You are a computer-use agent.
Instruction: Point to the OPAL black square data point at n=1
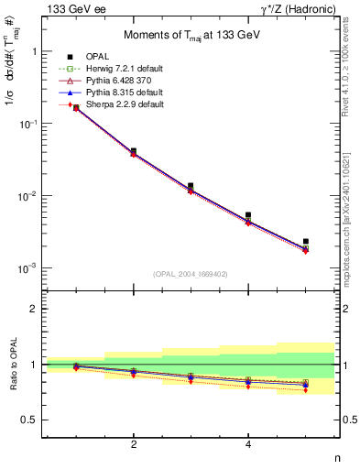[x=76, y=107]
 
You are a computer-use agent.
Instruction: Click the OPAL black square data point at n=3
[x=191, y=186]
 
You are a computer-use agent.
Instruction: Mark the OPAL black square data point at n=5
[x=305, y=242]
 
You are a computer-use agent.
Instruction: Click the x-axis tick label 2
[x=134, y=444]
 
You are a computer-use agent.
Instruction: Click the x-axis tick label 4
[x=248, y=444]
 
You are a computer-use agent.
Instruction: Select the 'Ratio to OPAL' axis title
[x=12, y=381]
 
